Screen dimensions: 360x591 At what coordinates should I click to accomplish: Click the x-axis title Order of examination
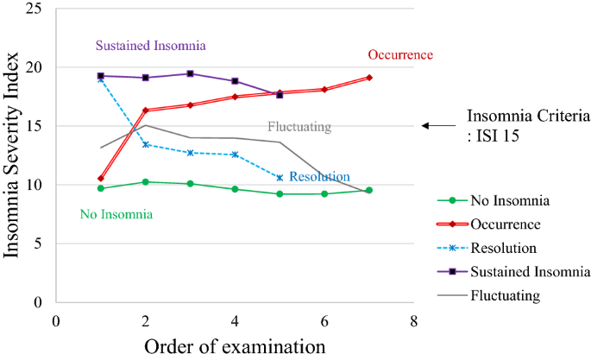235,346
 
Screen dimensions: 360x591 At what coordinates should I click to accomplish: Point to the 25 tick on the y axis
35,9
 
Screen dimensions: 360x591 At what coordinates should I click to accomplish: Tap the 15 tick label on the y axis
35,126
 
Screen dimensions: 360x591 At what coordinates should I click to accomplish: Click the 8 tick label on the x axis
414,320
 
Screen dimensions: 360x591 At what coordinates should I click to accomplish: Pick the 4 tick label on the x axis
235,320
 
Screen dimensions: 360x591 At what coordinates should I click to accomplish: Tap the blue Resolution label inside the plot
319,177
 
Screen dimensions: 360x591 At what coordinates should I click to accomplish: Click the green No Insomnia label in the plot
116,214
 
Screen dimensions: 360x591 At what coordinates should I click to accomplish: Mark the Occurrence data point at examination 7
369,78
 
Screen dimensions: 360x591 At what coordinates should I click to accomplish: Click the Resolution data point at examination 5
280,178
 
